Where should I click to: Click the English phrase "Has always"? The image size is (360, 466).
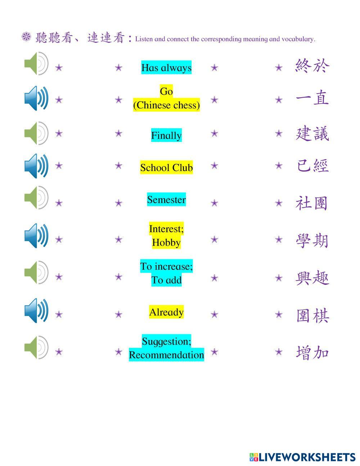[166, 68]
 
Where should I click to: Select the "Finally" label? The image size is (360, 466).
[166, 135]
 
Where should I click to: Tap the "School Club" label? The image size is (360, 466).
[166, 167]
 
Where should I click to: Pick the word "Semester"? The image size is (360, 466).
[166, 200]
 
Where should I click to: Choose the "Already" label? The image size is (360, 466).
[166, 312]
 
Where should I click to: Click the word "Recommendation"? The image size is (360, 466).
[166, 355]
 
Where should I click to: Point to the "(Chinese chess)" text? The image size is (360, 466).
[166, 105]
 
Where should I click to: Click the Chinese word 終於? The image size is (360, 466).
[312, 66]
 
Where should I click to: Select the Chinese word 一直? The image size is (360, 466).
[312, 98]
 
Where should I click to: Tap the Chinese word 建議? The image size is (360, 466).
[312, 134]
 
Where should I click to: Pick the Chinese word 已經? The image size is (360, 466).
[312, 166]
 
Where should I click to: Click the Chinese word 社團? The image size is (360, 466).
[312, 203]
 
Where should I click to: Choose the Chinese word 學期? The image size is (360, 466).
[312, 240]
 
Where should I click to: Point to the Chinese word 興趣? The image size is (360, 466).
[312, 278]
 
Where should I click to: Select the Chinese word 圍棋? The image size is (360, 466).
[312, 315]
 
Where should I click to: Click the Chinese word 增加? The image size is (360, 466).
[312, 352]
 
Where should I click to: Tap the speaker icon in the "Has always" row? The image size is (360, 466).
[36, 63]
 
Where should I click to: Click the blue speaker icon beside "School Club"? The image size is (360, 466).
[36, 166]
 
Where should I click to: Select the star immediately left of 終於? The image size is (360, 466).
[279, 67]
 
